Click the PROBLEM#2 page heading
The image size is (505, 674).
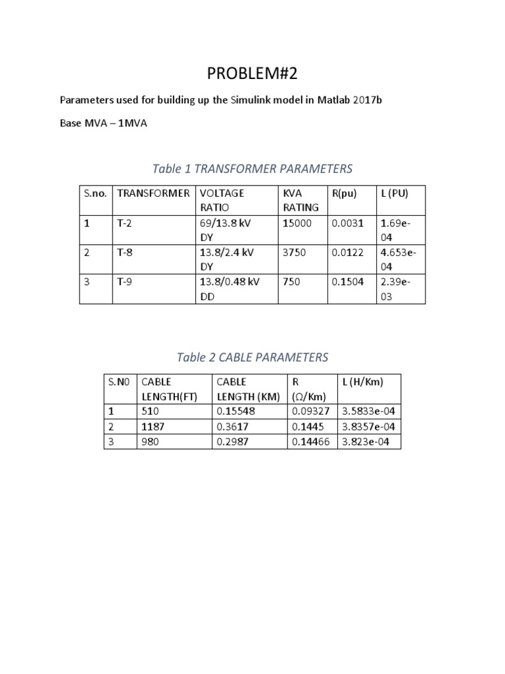click(x=252, y=73)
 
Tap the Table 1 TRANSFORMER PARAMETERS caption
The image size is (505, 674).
click(x=252, y=168)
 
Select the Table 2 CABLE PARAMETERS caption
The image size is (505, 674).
click(x=252, y=357)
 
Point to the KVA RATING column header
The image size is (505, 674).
click(x=301, y=200)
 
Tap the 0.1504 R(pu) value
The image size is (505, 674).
click(x=347, y=282)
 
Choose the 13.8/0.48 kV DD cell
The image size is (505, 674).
click(x=226, y=289)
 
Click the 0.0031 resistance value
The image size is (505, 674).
click(x=347, y=224)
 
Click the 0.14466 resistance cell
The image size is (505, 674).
click(x=312, y=442)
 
